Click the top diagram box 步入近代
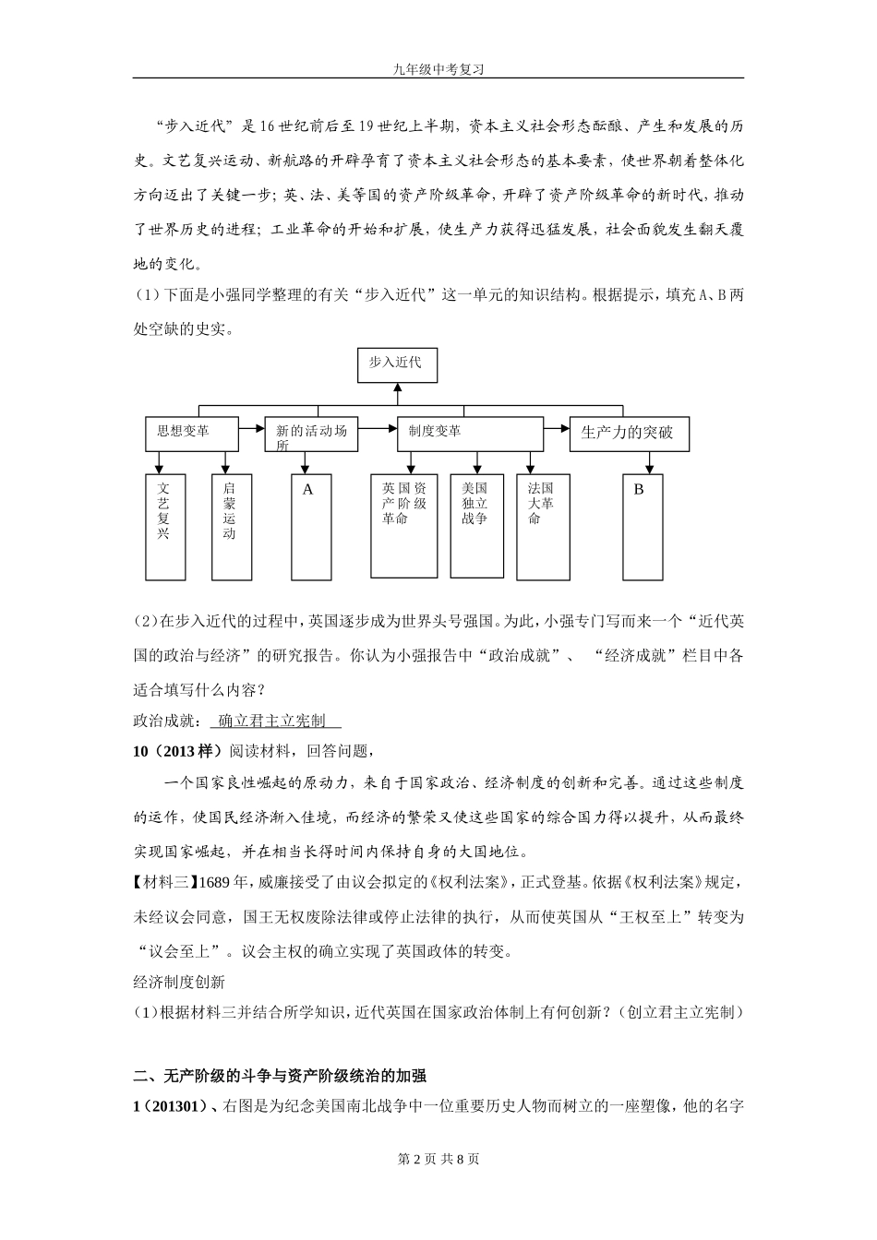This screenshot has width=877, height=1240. tap(397, 364)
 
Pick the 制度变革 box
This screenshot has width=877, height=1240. tap(470, 434)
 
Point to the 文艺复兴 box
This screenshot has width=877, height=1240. tap(165, 526)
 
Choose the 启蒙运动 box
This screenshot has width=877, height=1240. tap(230, 526)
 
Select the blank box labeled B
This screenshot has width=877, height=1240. tap(640, 526)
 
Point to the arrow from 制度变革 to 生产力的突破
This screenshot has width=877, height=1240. tap(557, 429)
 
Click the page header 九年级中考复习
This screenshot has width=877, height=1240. tap(438, 68)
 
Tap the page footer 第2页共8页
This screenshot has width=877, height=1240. tap(438, 1159)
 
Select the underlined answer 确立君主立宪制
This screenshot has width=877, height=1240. tap(274, 721)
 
